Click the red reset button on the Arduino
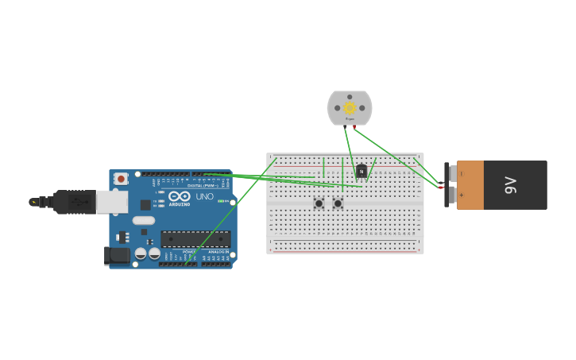(x=121, y=179)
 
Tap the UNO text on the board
(x=204, y=196)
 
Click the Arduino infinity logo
(x=180, y=196)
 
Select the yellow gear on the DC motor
(x=350, y=107)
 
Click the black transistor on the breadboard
(x=361, y=170)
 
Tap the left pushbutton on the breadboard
(x=319, y=203)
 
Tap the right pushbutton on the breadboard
(x=338, y=203)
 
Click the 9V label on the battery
(x=511, y=185)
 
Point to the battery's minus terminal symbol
(x=461, y=173)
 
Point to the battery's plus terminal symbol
(x=461, y=195)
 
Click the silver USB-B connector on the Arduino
(x=111, y=202)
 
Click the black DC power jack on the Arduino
(x=118, y=255)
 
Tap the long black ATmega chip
(x=195, y=238)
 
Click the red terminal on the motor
(x=354, y=126)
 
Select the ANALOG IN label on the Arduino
(x=218, y=252)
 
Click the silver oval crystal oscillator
(x=144, y=220)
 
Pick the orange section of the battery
(x=470, y=185)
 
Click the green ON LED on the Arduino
(x=220, y=201)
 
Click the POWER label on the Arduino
(x=189, y=252)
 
